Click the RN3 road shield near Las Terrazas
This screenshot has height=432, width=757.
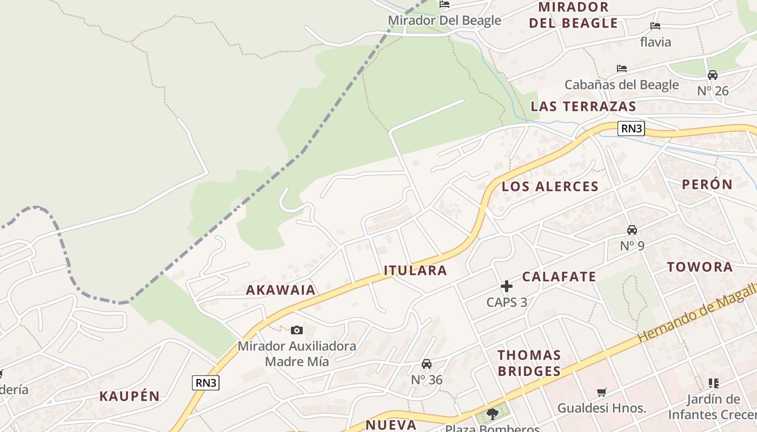click(x=631, y=129)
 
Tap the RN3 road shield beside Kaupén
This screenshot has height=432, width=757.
click(x=205, y=383)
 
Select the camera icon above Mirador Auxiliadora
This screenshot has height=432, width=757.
click(x=296, y=330)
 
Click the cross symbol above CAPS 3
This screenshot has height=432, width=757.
click(x=507, y=286)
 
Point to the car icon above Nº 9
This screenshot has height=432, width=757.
click(x=632, y=230)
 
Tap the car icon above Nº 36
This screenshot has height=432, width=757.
click(x=427, y=364)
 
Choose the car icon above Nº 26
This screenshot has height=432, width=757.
click(x=713, y=75)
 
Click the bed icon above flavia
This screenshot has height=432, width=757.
click(x=655, y=26)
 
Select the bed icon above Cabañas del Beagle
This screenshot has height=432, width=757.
click(x=622, y=69)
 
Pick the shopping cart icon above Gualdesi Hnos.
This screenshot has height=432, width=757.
click(x=601, y=392)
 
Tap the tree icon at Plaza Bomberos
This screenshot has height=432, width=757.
click(x=492, y=414)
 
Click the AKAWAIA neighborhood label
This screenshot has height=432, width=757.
click(x=281, y=290)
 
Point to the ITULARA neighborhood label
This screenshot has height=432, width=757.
click(x=415, y=271)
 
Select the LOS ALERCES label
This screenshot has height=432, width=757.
click(x=550, y=187)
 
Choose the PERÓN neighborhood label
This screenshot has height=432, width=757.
click(x=707, y=184)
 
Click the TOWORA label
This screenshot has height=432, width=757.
click(x=700, y=267)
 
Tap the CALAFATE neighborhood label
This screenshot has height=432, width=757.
click(x=559, y=277)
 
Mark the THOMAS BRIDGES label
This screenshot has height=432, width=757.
click(x=529, y=363)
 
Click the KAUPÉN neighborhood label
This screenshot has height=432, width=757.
click(x=130, y=396)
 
